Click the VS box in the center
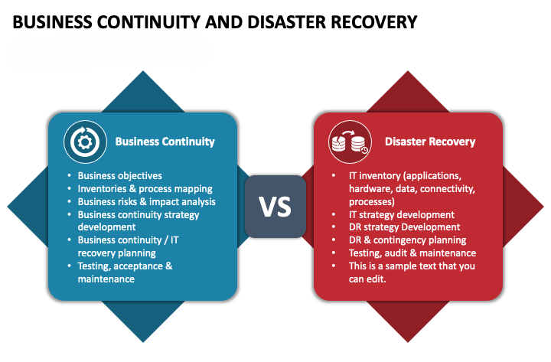pos(275,207)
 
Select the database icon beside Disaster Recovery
pos(346,142)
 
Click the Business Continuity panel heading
pos(165,142)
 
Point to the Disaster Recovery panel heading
pos(430,142)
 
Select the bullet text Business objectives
pos(119,176)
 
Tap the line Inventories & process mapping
pos(145,189)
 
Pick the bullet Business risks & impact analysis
pos(146,202)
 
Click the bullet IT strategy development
pos(401,215)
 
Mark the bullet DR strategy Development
pos(404,227)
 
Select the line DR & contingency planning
pos(407,240)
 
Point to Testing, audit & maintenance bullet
pos(412,253)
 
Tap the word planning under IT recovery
pos(137,253)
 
